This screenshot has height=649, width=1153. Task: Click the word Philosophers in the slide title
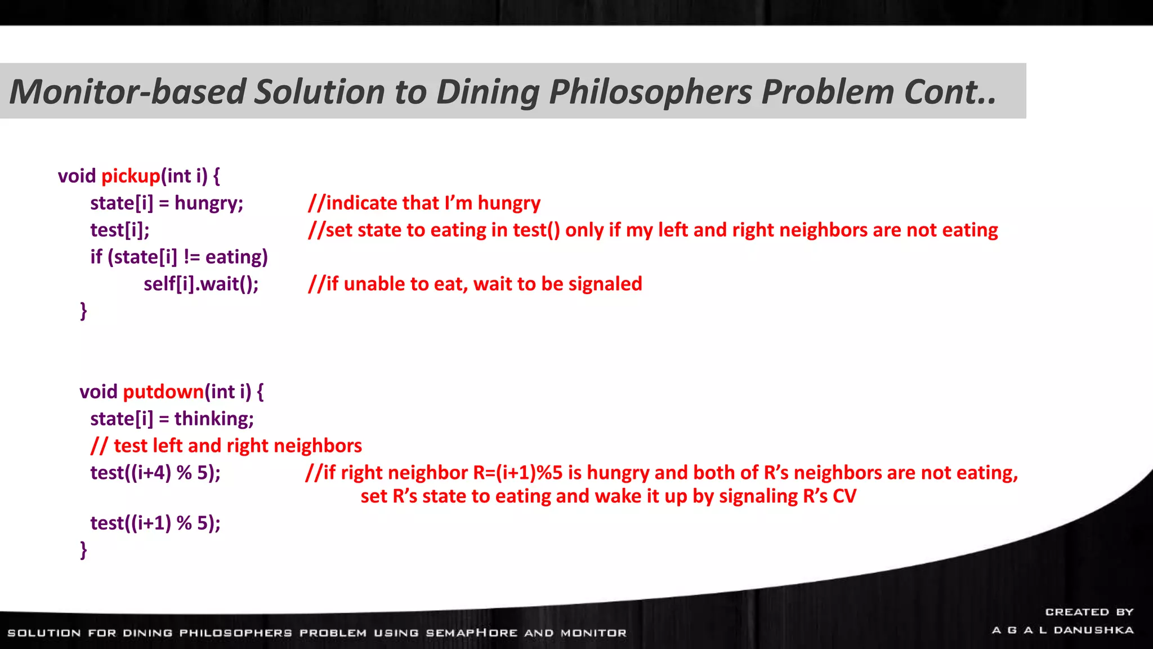(x=650, y=91)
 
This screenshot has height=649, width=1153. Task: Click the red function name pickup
(x=131, y=176)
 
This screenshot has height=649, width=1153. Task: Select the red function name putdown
(x=163, y=392)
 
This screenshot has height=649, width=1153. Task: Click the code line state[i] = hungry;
(x=167, y=203)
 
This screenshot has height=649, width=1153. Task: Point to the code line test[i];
(x=120, y=230)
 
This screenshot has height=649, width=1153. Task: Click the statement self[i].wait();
(x=201, y=283)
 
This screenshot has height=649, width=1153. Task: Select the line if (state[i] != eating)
(x=179, y=257)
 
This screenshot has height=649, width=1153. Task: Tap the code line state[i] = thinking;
(x=172, y=419)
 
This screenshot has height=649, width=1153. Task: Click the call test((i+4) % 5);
(x=155, y=472)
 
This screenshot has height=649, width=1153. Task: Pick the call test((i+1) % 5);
(x=155, y=523)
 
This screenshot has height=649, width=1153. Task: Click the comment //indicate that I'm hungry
(x=424, y=203)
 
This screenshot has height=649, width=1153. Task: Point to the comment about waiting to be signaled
(x=475, y=283)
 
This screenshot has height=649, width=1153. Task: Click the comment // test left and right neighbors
(x=226, y=446)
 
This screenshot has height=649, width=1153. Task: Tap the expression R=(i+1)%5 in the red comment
(x=517, y=472)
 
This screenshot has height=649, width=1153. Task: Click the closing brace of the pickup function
(x=84, y=310)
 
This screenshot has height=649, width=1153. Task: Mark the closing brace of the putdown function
(x=84, y=549)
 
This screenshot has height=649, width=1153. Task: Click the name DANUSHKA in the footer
(x=1093, y=630)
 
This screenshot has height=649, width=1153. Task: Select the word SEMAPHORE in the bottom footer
(x=471, y=633)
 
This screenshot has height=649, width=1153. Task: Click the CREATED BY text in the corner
(x=1089, y=612)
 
